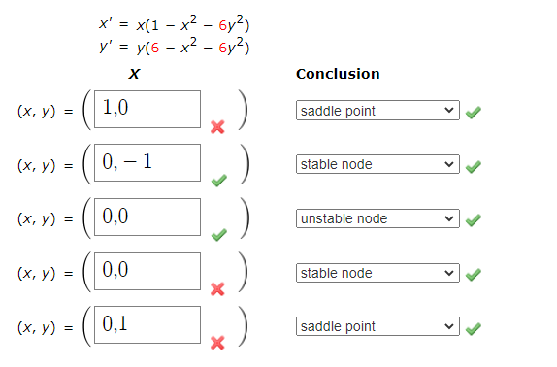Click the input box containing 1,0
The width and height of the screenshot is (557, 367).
pos(148,109)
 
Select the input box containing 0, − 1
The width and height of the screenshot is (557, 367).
pos(148,162)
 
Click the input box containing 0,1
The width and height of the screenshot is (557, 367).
pos(148,324)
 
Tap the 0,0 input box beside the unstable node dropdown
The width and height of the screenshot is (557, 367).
pos(148,217)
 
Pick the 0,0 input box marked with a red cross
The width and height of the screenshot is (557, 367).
pos(148,270)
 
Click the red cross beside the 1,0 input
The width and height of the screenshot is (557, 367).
pos(218,126)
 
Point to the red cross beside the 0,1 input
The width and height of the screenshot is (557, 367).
pos(218,342)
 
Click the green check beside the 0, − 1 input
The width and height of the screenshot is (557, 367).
pos(218,180)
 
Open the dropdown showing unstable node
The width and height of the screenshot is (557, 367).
pos(377,218)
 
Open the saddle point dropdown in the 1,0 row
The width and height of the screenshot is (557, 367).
pos(377,111)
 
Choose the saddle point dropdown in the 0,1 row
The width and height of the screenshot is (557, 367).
pos(377,326)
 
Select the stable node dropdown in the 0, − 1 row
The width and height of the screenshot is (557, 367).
pos(377,164)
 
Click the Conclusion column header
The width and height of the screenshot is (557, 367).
pos(338,74)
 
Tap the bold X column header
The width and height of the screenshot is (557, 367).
pos(133,74)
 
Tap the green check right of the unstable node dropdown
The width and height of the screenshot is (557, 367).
pos(472,219)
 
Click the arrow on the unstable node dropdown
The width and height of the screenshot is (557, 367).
pos(448,218)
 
